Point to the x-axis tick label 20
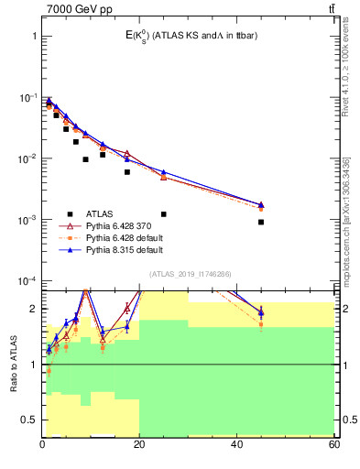[139, 444]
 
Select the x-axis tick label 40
[236, 444]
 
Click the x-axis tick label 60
[333, 444]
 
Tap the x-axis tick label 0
[42, 444]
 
